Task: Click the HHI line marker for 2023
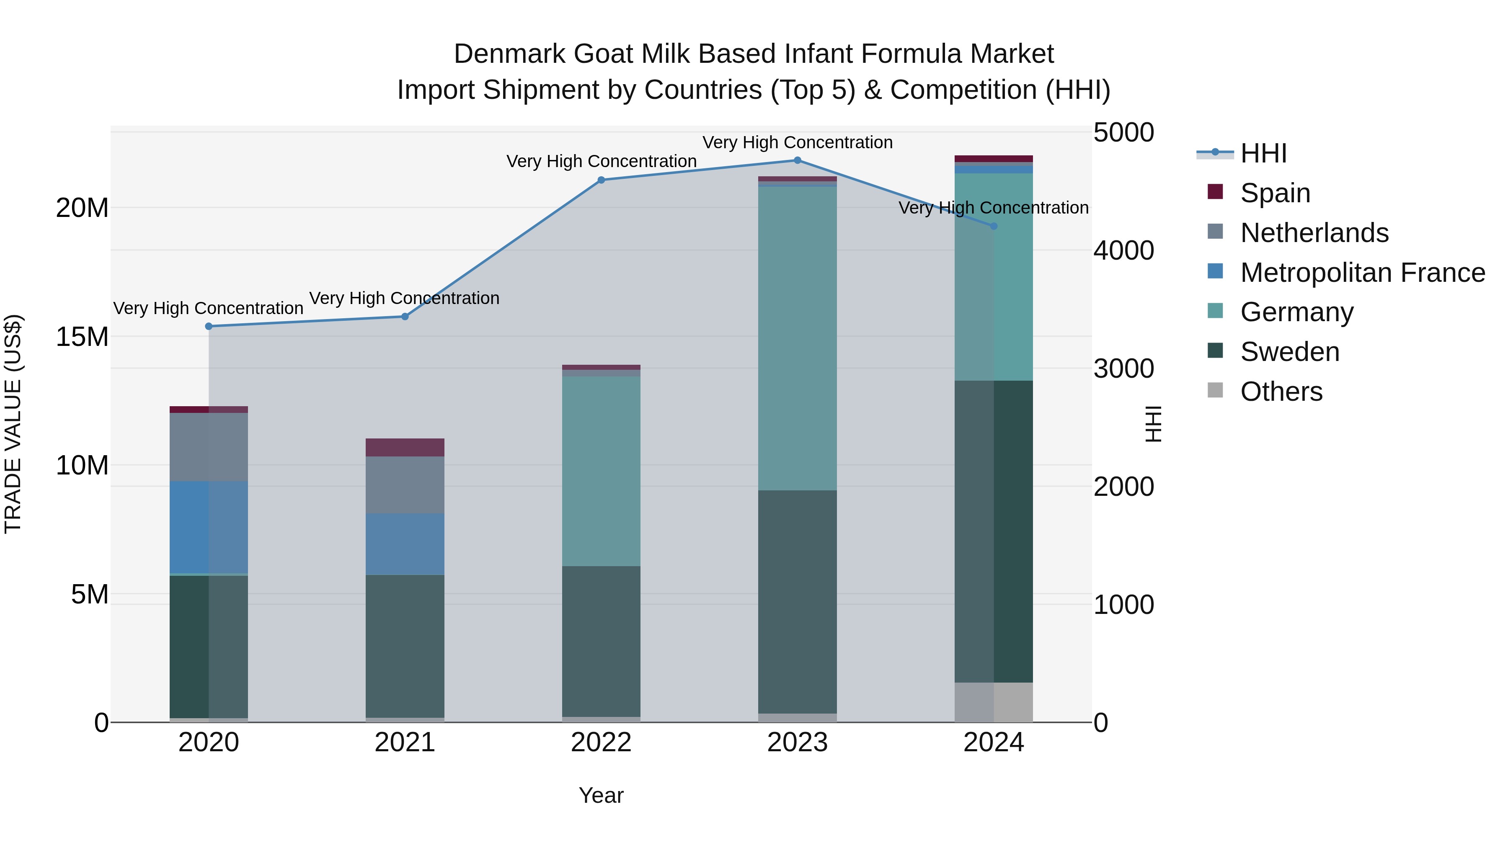coord(797,160)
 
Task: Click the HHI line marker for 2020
coord(209,327)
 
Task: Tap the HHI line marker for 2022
coord(601,180)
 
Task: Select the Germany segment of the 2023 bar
coord(797,338)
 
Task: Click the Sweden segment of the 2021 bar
coord(405,646)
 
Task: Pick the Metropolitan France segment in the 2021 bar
coord(405,544)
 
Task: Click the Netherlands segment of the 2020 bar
coord(209,447)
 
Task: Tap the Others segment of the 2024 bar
coord(994,702)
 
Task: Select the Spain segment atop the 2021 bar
coord(405,448)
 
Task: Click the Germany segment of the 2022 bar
coord(601,471)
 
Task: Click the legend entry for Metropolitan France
coord(1362,273)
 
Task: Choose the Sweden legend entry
coord(1290,352)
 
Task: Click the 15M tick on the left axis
coord(82,337)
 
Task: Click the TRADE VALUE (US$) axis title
coord(13,424)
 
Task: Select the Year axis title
coord(601,796)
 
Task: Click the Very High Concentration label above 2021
coord(405,299)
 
